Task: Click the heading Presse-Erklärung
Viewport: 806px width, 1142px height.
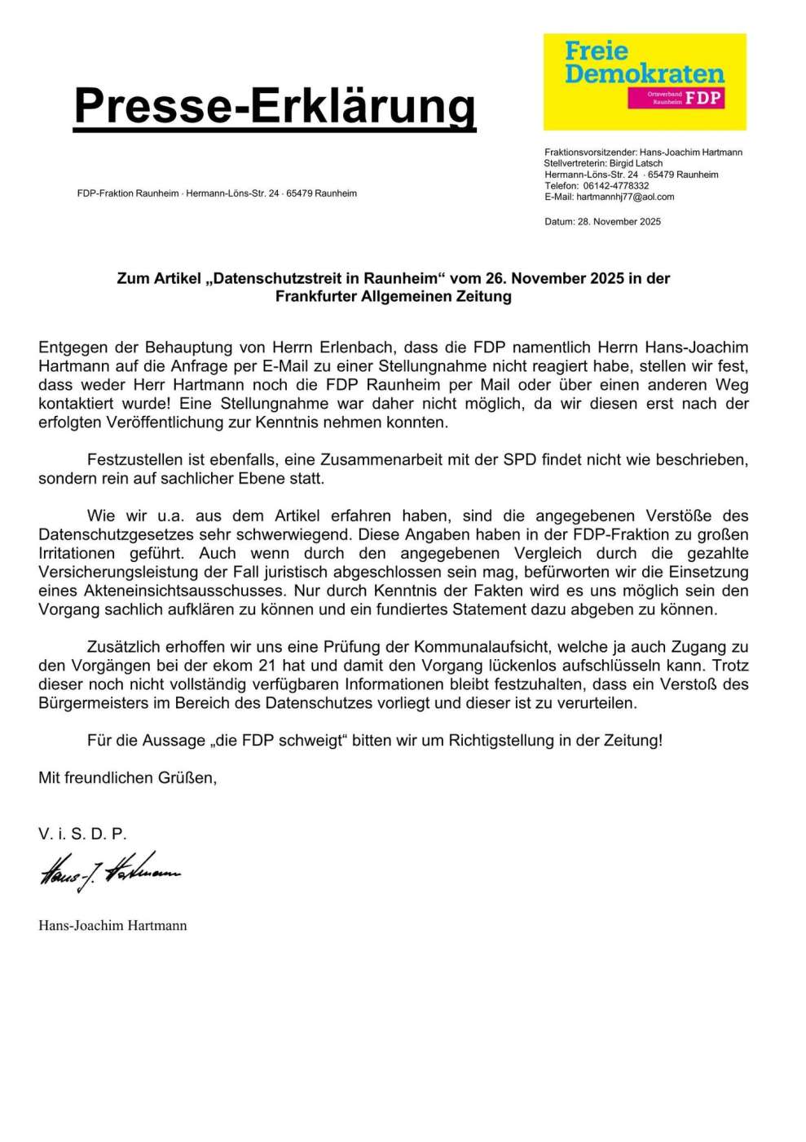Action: pos(275,106)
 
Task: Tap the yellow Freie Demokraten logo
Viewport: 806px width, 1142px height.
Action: pos(644,81)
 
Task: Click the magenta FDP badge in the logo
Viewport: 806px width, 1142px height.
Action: pos(675,99)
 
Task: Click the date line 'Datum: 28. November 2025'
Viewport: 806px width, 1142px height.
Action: pos(602,222)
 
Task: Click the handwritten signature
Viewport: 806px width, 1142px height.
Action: pos(109,874)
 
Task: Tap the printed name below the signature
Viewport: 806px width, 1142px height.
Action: pos(112,925)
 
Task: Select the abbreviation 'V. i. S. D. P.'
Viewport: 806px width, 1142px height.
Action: pos(82,834)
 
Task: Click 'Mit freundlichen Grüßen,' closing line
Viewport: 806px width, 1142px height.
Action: pos(128,778)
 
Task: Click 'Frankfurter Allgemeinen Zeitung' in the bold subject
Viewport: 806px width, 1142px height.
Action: pos(394,297)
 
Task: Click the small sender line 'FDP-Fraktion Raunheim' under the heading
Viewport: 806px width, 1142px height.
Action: pos(128,193)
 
